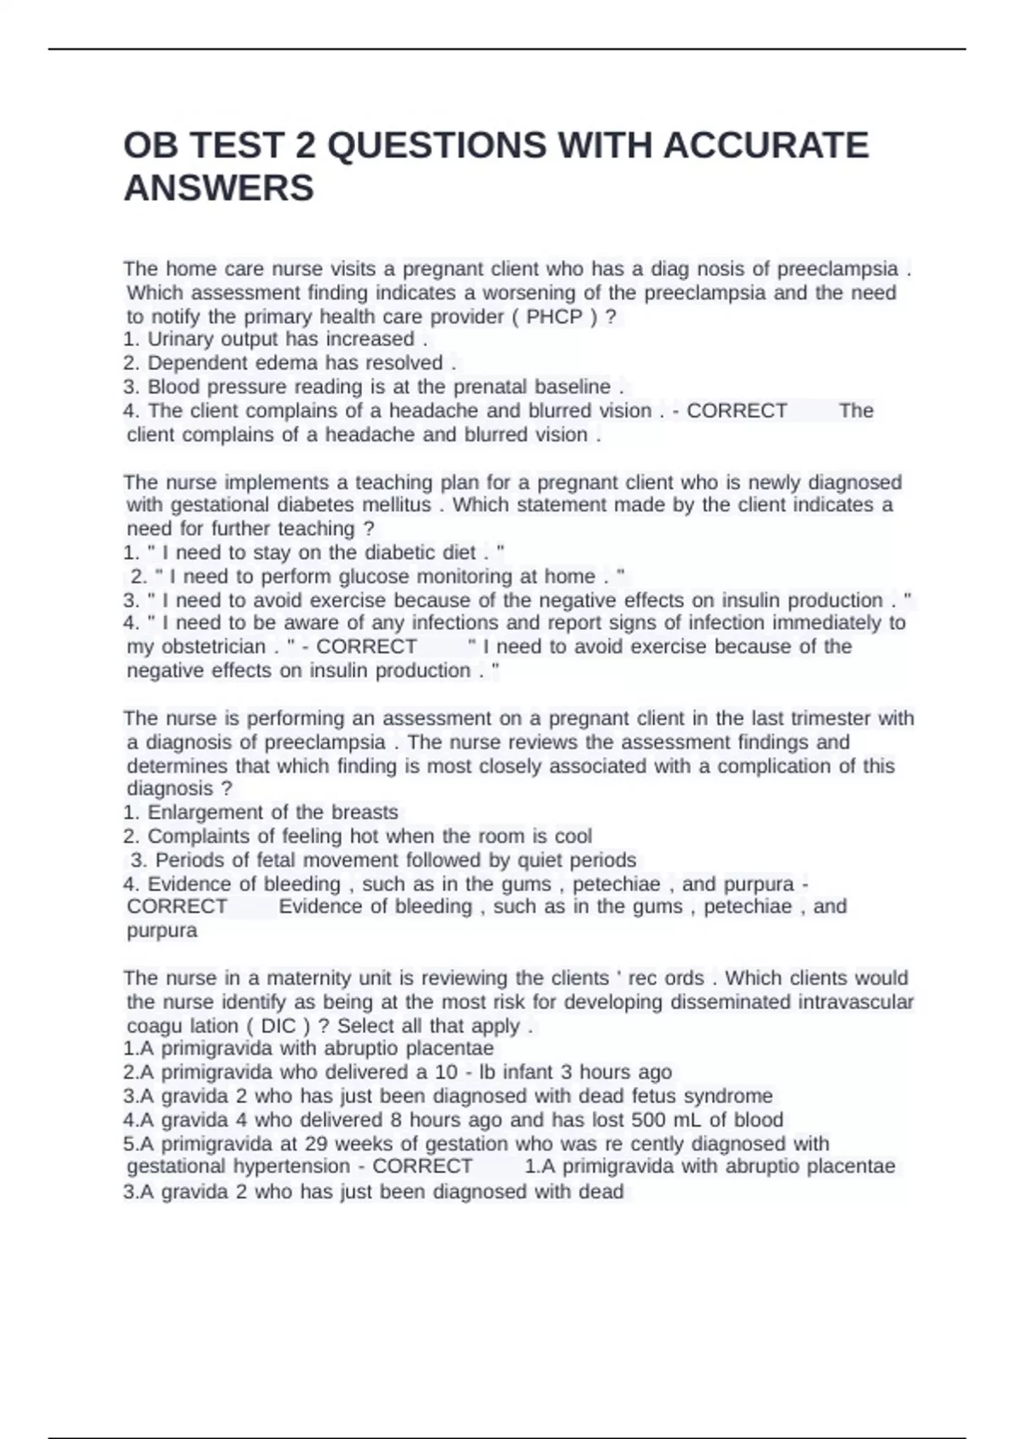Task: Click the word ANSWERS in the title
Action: coord(218,188)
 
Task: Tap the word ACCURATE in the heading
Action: coord(765,145)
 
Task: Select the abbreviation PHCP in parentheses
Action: coord(554,317)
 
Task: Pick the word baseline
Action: coord(572,387)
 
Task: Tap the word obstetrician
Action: coord(196,647)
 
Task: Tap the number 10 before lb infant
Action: coord(447,1072)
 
